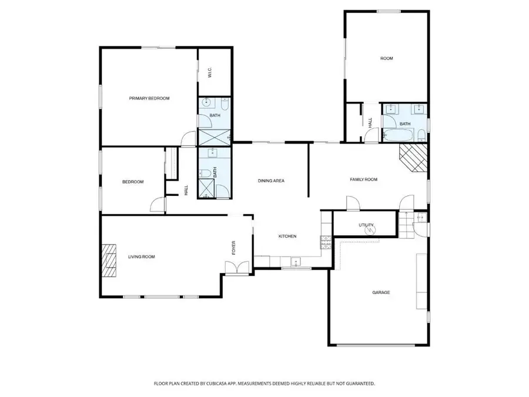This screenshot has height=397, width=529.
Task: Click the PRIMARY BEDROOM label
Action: (x=149, y=98)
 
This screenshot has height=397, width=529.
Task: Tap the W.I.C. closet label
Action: (x=209, y=74)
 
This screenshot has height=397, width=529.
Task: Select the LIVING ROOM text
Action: (x=141, y=256)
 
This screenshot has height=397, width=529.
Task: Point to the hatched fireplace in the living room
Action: (x=108, y=261)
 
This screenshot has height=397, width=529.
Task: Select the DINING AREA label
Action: (x=271, y=181)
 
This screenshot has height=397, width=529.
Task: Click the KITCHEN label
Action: (x=287, y=236)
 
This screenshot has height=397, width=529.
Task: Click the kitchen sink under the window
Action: (x=296, y=261)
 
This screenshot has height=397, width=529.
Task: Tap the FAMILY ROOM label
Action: (x=363, y=179)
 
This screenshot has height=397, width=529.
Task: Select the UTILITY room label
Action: (x=366, y=225)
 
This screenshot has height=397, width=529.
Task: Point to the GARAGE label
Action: (x=381, y=292)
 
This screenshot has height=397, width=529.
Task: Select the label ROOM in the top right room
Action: (x=386, y=58)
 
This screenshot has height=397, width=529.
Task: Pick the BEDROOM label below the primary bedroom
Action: (x=132, y=182)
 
